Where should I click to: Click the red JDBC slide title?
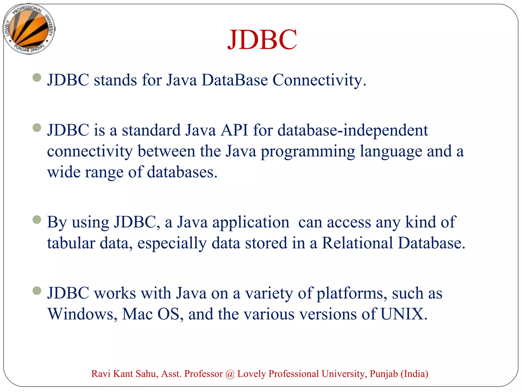tap(262, 40)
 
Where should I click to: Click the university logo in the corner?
tap(29, 29)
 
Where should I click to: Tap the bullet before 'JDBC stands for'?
tap(37, 77)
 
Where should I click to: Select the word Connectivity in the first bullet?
tap(319, 80)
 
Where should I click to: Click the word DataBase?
tap(235, 80)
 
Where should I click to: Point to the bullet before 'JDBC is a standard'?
tap(37, 128)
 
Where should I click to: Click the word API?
tap(234, 130)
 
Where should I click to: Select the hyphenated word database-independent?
tap(353, 130)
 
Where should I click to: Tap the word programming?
tap(308, 152)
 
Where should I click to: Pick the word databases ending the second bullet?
tap(182, 172)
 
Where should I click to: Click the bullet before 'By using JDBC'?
tap(37, 219)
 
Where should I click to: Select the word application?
tap(251, 222)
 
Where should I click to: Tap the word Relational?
tap(357, 243)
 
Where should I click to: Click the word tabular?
tap(71, 243)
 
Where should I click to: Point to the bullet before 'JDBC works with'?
tap(37, 290)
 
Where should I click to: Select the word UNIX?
tap(403, 314)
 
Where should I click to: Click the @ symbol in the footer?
tap(230, 374)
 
